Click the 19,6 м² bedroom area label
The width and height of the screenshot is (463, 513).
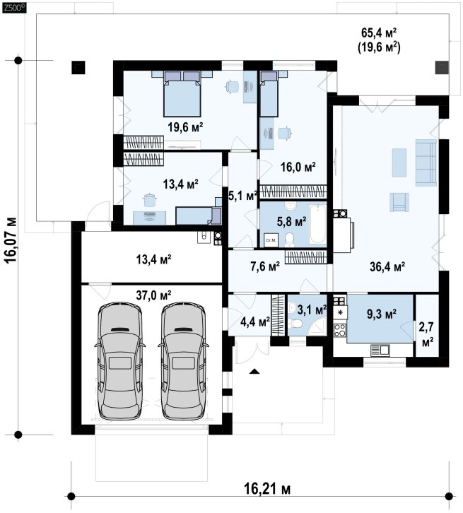[185, 126]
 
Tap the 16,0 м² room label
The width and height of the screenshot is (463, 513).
[298, 167]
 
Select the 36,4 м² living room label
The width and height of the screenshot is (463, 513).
[388, 266]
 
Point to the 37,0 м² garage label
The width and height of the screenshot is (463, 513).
[154, 295]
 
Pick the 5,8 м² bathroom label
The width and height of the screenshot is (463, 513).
[291, 222]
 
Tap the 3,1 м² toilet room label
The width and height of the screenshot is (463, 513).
[312, 309]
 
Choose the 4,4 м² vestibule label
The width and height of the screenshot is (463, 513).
[255, 322]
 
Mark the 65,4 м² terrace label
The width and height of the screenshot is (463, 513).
[379, 33]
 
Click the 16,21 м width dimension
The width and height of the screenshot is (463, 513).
[267, 490]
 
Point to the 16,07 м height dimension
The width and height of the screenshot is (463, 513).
[11, 240]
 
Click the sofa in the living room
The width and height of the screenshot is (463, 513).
[426, 163]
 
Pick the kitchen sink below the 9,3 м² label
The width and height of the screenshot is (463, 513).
[380, 350]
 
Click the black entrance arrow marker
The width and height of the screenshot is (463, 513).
[254, 372]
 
